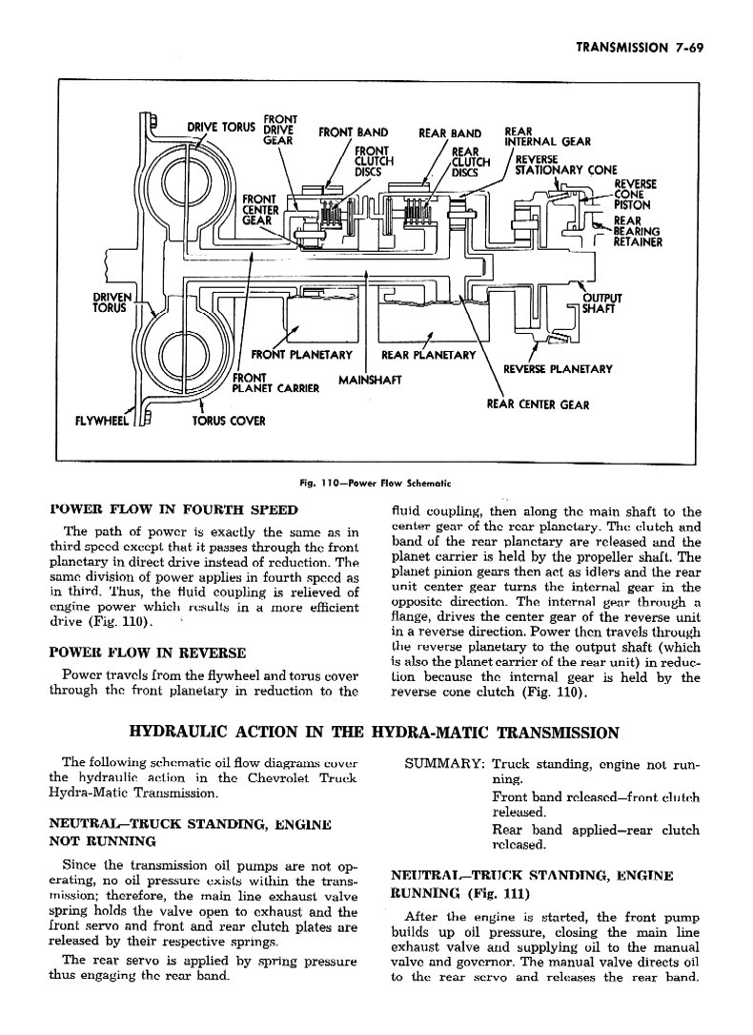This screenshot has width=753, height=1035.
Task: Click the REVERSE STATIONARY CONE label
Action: pyautogui.click(x=565, y=165)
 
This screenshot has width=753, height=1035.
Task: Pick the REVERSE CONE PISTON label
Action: pyautogui.click(x=635, y=195)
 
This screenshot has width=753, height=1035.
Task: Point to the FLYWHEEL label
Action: pyautogui.click(x=103, y=420)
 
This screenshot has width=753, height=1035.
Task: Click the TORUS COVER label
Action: pyautogui.click(x=229, y=421)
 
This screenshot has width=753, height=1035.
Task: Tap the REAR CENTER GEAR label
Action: pyautogui.click(x=538, y=404)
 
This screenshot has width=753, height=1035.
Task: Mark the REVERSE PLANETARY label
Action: pyautogui.click(x=558, y=369)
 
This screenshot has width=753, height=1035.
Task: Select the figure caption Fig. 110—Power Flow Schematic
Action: pyautogui.click(x=375, y=483)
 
